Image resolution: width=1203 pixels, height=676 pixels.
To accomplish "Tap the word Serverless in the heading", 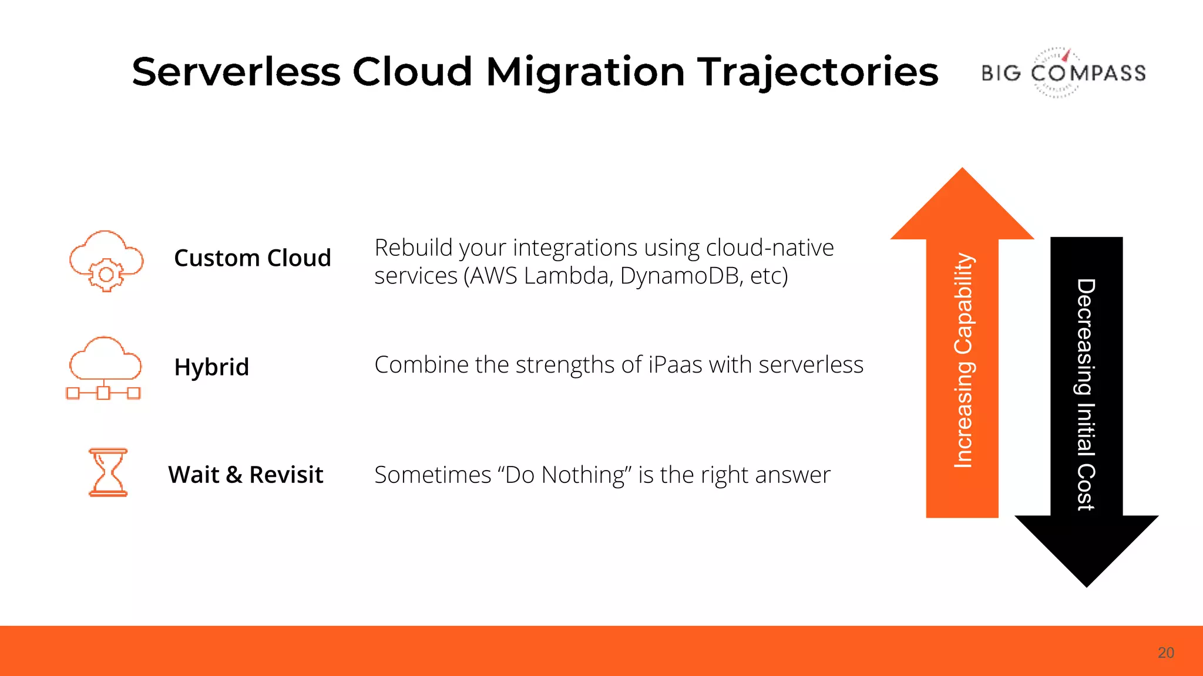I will pos(236,72).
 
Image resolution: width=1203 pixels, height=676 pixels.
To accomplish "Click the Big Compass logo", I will pos(1063,72).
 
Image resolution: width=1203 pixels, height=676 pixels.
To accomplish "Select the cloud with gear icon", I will pos(106,261).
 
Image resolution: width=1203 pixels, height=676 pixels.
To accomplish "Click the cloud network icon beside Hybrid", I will pos(104,368).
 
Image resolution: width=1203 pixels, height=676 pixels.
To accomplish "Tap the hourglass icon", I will pos(107,472).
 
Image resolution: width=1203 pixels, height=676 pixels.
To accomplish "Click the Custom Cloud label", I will pos(253,258).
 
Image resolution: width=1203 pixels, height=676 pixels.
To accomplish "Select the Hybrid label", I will pos(211,367).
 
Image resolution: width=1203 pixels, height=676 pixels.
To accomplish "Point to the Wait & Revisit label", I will pos(246,475).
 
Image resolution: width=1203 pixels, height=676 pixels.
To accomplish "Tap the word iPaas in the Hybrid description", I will pos(676,365).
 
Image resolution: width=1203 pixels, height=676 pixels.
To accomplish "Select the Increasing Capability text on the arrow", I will pos(963,360).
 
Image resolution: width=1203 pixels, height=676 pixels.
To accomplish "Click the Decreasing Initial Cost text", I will pos(1086,394).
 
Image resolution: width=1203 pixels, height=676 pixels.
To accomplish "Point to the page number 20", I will pos(1165,653).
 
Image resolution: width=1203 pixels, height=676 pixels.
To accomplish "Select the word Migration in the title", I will pos(585,72).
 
